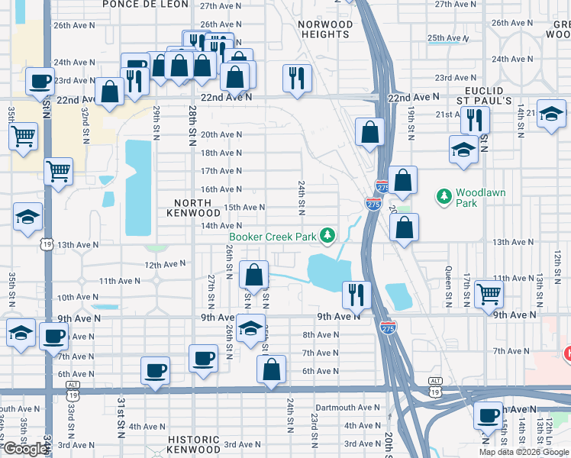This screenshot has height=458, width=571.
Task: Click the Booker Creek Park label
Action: pos(273,237)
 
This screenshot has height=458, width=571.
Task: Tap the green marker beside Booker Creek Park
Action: pos(327,235)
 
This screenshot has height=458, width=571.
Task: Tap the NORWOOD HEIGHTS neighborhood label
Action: pos(326,30)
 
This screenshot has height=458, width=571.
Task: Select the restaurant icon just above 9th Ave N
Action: pos(356,294)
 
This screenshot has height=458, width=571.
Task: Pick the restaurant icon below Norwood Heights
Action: pos(295,77)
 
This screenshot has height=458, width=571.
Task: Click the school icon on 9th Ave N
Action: pos(250,329)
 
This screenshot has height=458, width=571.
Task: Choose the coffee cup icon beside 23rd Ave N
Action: pos(40,80)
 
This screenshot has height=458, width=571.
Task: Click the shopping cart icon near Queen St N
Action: pos(488,294)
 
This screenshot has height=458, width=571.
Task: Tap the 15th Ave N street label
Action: pos(244,208)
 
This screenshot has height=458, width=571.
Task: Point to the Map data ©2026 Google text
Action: pos(523,452)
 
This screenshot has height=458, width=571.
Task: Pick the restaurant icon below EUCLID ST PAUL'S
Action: pos(475,120)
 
